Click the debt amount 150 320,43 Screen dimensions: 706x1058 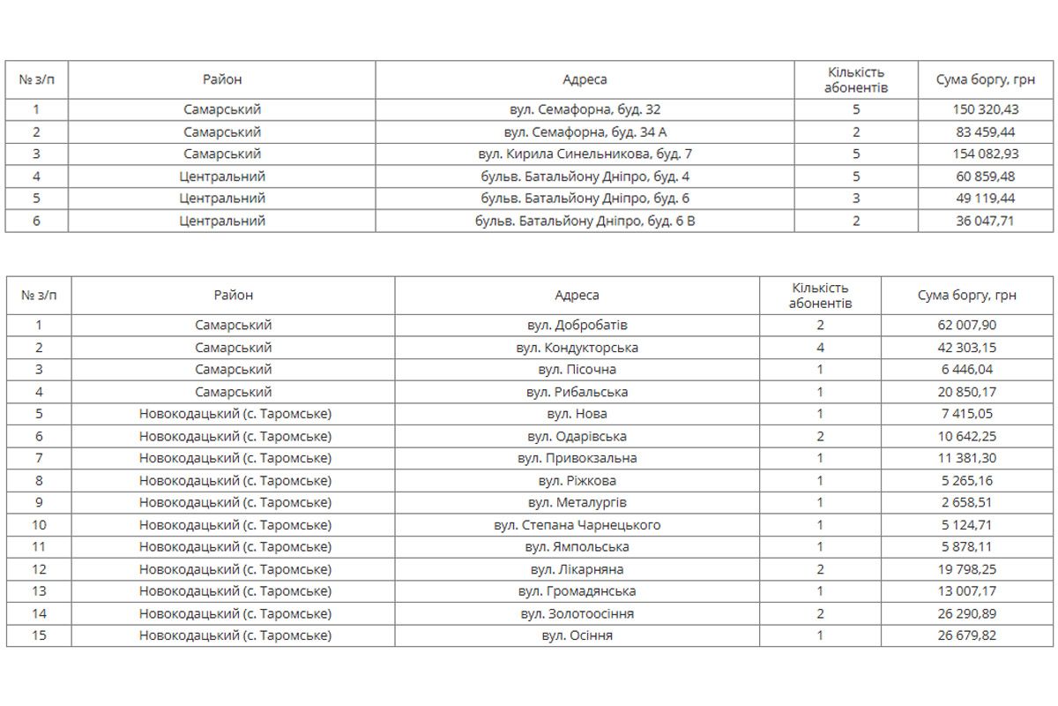click(x=986, y=110)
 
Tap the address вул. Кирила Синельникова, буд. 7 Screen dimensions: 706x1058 click(x=585, y=154)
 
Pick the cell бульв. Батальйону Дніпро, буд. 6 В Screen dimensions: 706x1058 click(x=585, y=221)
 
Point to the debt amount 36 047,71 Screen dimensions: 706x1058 click(x=986, y=221)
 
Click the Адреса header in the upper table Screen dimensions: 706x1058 click(x=585, y=79)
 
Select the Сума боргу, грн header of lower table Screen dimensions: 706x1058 click(x=967, y=295)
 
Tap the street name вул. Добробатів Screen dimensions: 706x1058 click(x=577, y=326)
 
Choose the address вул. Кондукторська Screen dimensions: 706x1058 click(x=577, y=348)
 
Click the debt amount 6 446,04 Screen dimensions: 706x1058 click(x=967, y=370)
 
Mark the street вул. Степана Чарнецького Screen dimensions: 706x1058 click(x=577, y=525)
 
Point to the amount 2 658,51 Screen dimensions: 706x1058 click(x=967, y=503)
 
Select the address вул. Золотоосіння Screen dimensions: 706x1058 click(x=577, y=613)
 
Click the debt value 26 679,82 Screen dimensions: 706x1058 click(x=967, y=635)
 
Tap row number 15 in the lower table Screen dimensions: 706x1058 click(x=39, y=635)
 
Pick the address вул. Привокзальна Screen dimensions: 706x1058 click(x=577, y=459)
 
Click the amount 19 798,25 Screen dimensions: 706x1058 click(x=967, y=569)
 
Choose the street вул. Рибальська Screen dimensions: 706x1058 click(x=577, y=392)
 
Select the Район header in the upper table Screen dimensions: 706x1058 click(x=222, y=79)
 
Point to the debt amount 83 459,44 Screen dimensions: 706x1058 click(x=986, y=132)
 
